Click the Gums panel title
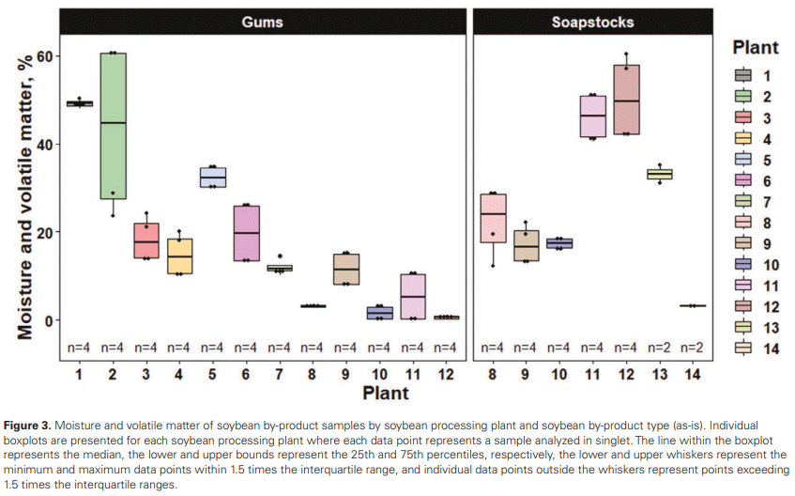[x=263, y=21]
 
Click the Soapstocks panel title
[x=592, y=21]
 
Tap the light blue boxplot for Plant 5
[x=213, y=178]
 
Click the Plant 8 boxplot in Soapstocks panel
[x=492, y=219]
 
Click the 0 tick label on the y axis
[x=53, y=320]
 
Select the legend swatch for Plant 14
[x=742, y=348]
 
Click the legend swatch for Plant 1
[x=742, y=75]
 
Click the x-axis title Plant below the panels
[x=386, y=392]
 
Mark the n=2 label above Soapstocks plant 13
[x=660, y=348]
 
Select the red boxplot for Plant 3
[x=145, y=240]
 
